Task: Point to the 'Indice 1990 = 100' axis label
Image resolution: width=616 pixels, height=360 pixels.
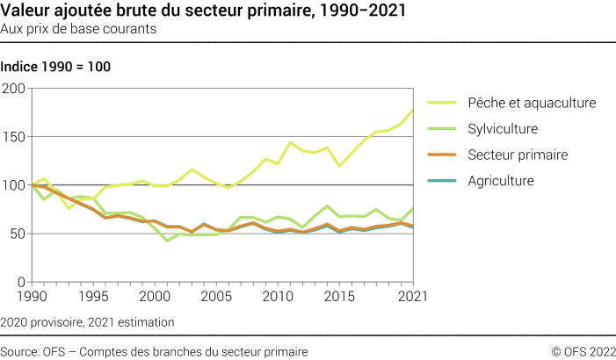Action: click(55, 67)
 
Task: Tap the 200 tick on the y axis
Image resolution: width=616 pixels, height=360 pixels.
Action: click(15, 89)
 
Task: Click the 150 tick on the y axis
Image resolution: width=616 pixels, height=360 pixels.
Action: click(15, 137)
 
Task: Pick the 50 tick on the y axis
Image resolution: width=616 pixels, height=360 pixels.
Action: click(18, 234)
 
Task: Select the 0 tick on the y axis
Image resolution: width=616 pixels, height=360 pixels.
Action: click(22, 282)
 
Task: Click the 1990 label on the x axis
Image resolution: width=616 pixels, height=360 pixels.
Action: click(33, 297)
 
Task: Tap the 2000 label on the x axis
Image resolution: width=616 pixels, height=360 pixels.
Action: click(154, 297)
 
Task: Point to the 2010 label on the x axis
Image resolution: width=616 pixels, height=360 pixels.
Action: click(279, 297)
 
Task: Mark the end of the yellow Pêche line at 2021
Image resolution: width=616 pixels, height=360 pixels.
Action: click(413, 110)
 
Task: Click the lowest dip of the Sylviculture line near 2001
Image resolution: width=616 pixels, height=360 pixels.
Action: click(167, 241)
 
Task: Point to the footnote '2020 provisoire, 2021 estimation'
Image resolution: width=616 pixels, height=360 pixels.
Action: click(87, 322)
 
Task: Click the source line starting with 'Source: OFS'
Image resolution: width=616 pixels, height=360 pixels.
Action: click(154, 351)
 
